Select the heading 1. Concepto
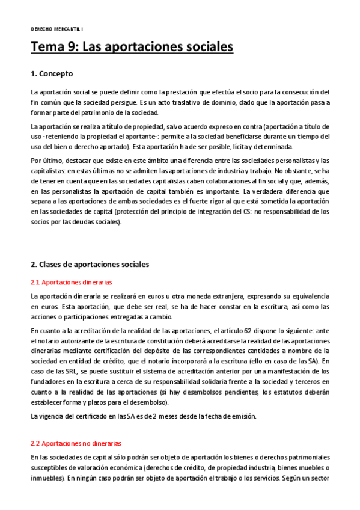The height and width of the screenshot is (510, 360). (x=52, y=74)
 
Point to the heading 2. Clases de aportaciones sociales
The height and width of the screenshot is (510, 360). (x=90, y=263)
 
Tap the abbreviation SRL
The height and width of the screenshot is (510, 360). (x=64, y=370)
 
